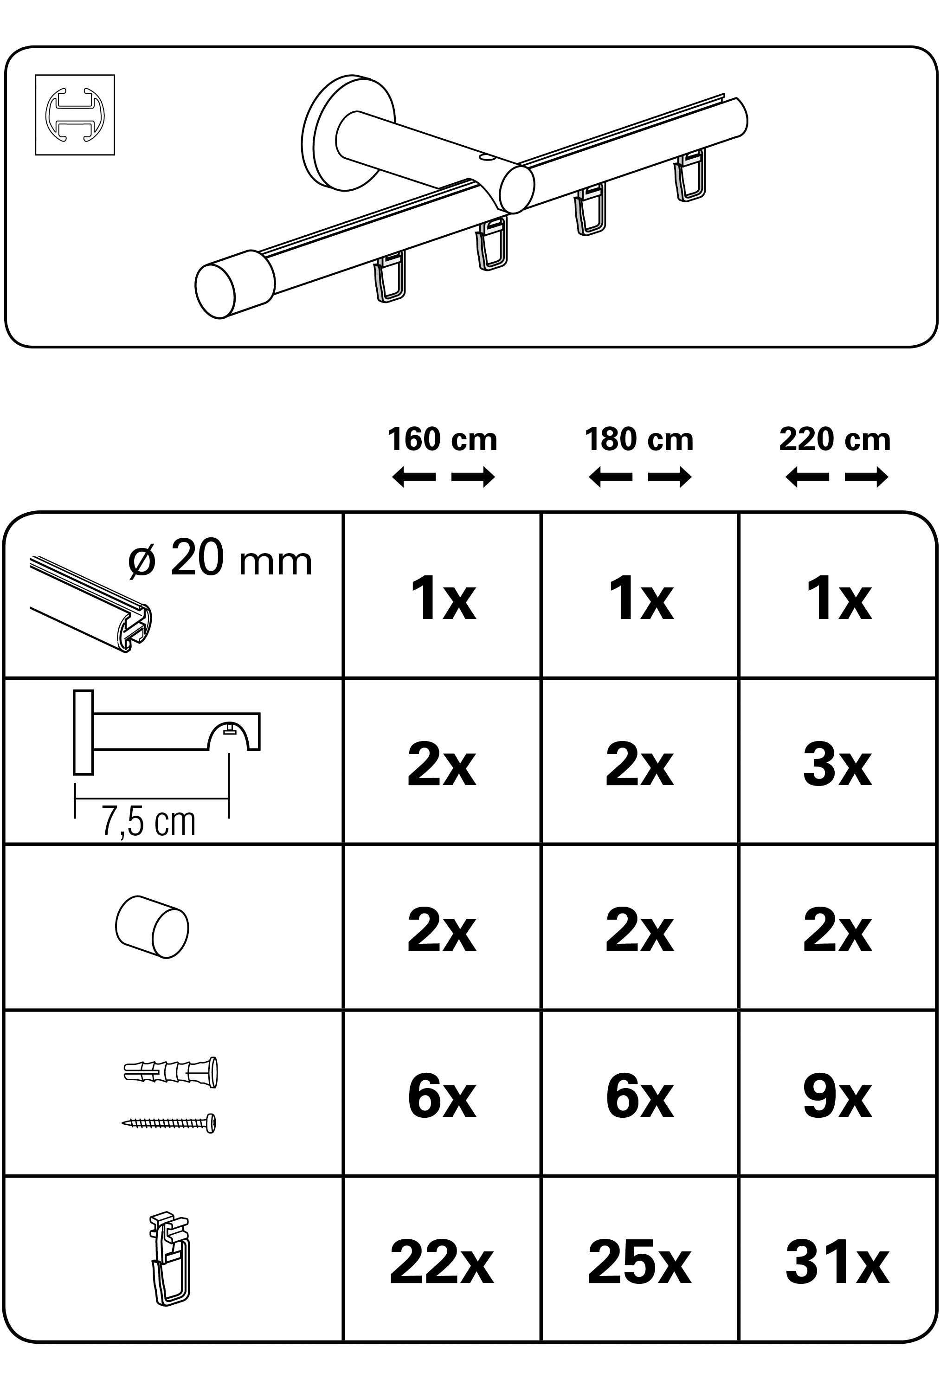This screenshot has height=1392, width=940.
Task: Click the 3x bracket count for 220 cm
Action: coord(837,766)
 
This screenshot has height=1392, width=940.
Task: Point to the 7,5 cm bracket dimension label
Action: coord(148,822)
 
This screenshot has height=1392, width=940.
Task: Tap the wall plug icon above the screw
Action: coord(171,1071)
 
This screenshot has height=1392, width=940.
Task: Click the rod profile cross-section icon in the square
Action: coord(74,115)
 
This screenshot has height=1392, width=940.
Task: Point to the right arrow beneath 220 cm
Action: coord(866,477)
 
